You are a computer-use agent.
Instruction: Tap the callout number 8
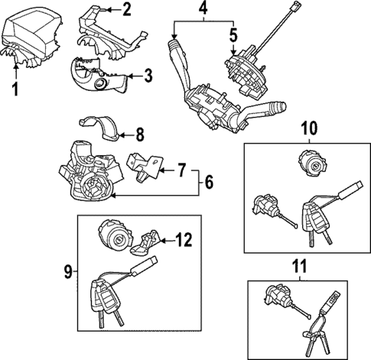139,137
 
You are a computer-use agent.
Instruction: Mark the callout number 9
69,270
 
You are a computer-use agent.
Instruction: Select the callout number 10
308,128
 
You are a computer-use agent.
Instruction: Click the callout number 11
299,268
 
